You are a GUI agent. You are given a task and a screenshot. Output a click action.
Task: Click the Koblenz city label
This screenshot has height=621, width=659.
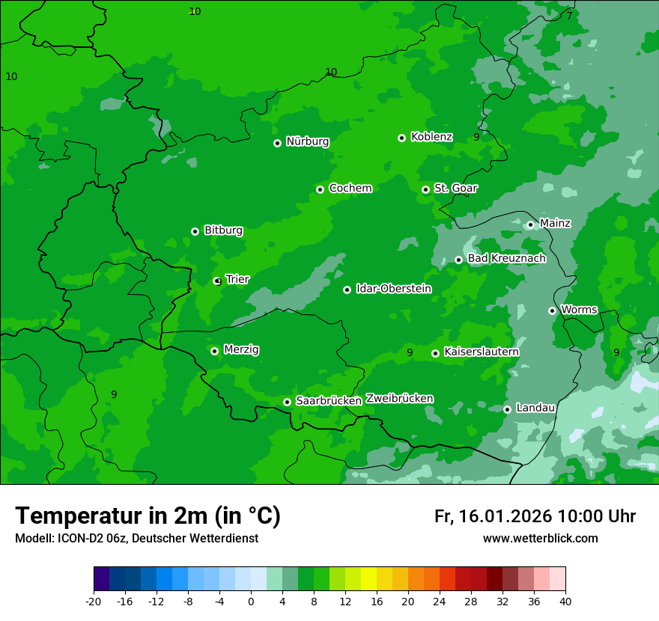pyautogui.click(x=431, y=137)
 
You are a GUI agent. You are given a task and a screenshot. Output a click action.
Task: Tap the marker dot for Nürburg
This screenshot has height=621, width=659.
pyautogui.click(x=277, y=143)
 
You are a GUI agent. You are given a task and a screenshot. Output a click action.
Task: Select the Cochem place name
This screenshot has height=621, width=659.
pyautogui.click(x=350, y=189)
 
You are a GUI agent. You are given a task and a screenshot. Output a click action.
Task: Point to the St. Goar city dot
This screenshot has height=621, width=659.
pyautogui.click(x=425, y=189)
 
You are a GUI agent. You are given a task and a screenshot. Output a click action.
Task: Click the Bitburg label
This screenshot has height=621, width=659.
pyautogui.click(x=223, y=230)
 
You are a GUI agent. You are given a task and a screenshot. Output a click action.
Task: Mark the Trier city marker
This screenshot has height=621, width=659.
pyautogui.click(x=217, y=281)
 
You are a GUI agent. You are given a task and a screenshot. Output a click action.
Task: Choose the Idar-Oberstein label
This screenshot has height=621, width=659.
pyautogui.click(x=393, y=289)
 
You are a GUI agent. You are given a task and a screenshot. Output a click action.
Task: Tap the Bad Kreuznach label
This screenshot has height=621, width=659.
pyautogui.click(x=506, y=259)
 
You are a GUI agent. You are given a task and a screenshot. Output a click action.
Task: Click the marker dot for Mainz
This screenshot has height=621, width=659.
pyautogui.click(x=530, y=224)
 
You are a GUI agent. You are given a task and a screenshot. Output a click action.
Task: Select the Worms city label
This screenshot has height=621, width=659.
pyautogui.click(x=579, y=310)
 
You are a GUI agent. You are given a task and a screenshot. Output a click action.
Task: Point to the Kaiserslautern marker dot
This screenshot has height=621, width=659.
pyautogui.click(x=435, y=353)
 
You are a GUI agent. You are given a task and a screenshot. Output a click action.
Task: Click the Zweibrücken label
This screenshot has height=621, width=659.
pyautogui.click(x=399, y=399)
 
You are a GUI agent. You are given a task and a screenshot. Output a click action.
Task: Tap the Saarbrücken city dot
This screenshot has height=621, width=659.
pyautogui.click(x=287, y=402)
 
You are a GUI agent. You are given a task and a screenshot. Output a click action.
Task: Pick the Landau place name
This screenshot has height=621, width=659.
pyautogui.click(x=535, y=409)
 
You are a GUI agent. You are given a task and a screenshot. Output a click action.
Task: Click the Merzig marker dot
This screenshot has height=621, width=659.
pyautogui.click(x=214, y=351)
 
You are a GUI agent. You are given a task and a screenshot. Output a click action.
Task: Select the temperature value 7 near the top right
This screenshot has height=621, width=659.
pyautogui.click(x=569, y=16)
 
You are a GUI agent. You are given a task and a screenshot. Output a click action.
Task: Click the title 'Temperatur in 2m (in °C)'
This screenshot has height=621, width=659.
pyautogui.click(x=148, y=516)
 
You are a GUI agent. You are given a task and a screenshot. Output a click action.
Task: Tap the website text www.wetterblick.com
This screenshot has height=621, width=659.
pyautogui.click(x=540, y=539)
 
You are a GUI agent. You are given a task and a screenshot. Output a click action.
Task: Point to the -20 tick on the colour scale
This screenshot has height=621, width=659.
pyautogui.click(x=94, y=601)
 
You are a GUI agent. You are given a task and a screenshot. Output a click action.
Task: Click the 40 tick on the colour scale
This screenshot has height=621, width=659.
pyautogui.click(x=565, y=601)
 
